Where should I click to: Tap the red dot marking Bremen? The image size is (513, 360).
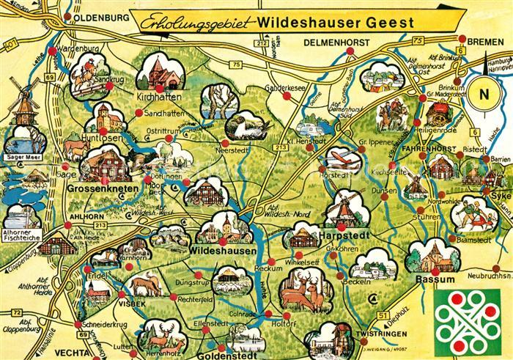pos(462,40)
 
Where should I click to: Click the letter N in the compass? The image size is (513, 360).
pos(483,94)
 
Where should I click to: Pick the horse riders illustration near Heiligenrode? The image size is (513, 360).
pos(394,116)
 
